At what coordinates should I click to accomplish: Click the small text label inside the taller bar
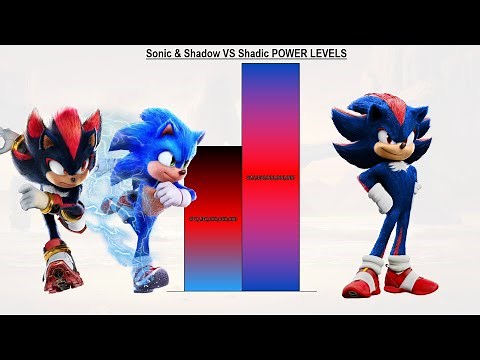[270, 176]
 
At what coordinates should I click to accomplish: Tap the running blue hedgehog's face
[150, 160]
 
